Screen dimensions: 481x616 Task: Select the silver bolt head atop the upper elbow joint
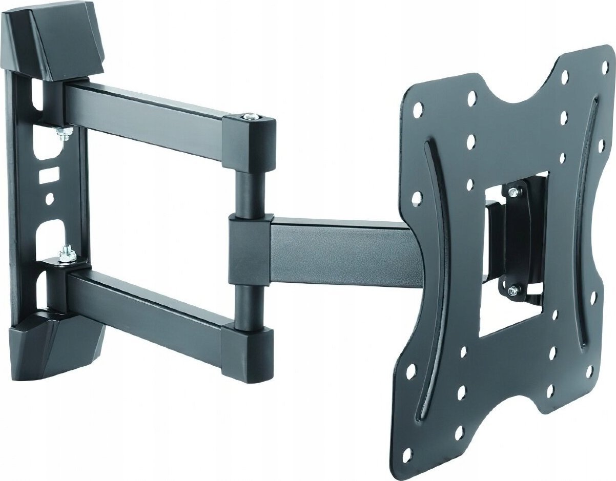click(251, 118)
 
